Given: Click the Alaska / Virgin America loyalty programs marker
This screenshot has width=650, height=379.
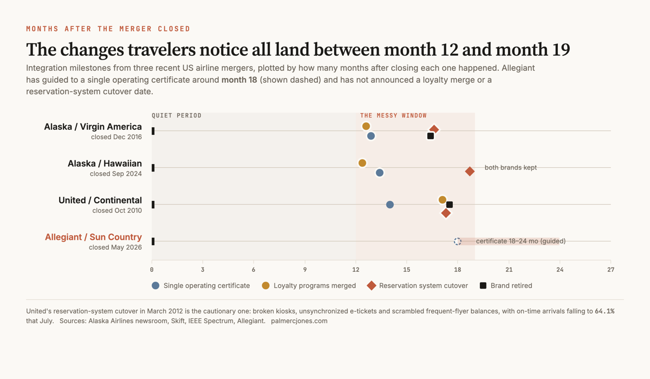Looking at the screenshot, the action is (366, 126).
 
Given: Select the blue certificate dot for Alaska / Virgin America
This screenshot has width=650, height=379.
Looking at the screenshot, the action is (371, 136).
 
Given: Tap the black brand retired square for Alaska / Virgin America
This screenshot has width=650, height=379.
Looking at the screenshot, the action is (430, 136).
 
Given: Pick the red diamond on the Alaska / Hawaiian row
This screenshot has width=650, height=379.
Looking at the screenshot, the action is (470, 172).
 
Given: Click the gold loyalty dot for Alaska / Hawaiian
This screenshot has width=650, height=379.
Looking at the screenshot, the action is (362, 163).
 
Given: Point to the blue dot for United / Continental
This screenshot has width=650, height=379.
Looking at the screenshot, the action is (389, 205).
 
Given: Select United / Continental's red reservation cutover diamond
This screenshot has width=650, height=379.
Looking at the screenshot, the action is (446, 213).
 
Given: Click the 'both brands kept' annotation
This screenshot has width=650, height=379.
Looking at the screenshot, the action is (511, 168).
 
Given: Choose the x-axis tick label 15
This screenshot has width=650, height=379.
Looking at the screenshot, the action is (407, 270).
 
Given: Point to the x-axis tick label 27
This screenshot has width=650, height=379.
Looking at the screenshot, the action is (610, 270).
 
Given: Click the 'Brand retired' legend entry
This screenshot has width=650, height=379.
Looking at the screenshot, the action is (506, 286).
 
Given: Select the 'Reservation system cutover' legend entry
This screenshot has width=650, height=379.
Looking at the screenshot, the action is (417, 286).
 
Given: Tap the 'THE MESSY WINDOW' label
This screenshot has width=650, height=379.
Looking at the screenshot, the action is (393, 115).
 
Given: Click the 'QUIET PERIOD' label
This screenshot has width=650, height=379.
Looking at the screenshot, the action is (177, 115).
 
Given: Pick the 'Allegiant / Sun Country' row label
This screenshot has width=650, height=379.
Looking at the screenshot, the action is (93, 237).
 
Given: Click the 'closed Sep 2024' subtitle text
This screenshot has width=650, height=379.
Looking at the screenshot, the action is (116, 174).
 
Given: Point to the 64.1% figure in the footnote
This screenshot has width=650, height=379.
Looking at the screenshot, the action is (604, 311).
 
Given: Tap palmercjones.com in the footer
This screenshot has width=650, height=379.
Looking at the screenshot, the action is (299, 321).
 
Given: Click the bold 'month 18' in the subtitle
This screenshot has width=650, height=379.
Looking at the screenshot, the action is (239, 80).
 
